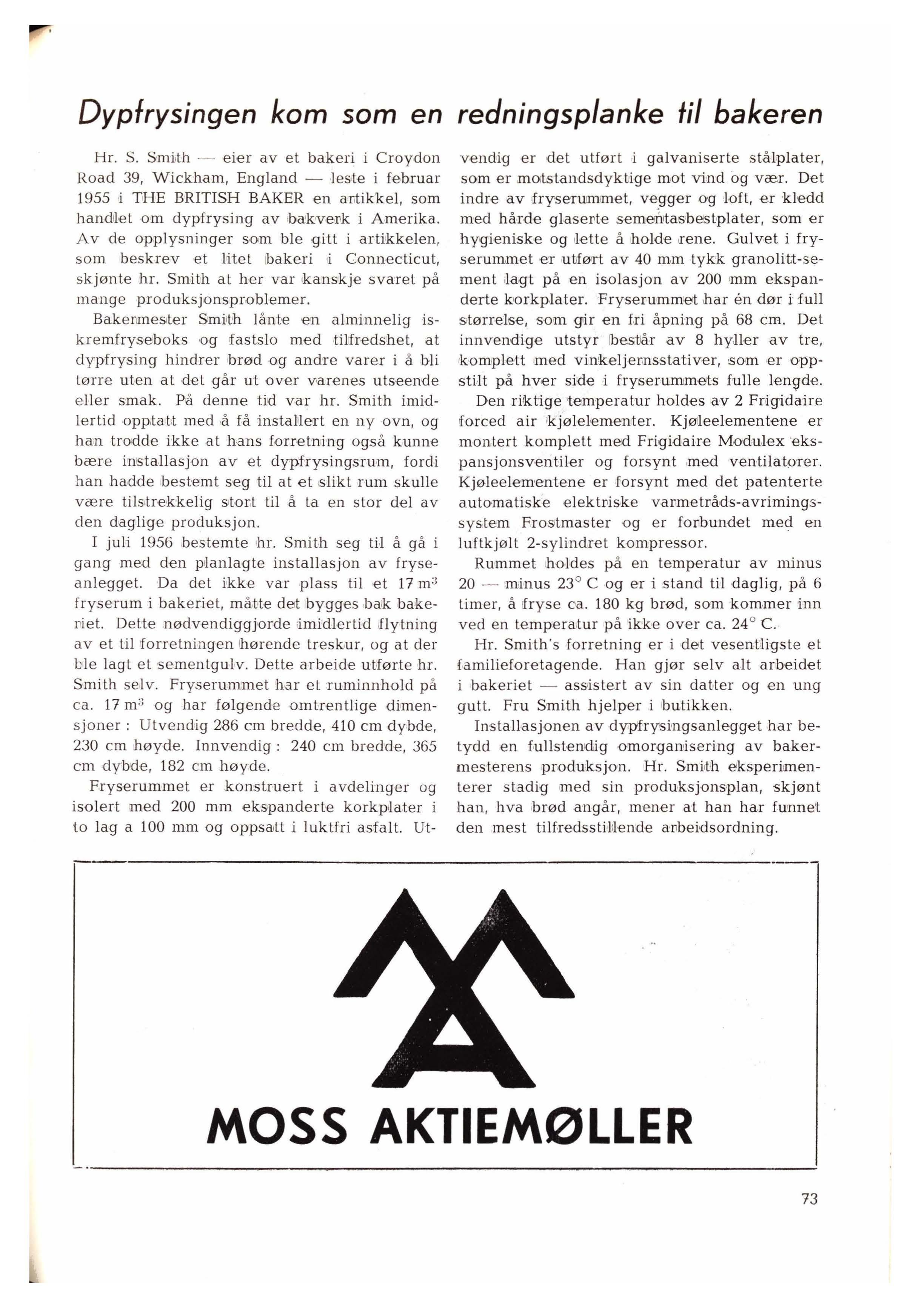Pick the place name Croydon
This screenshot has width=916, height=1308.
pyautogui.click(x=408, y=158)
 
